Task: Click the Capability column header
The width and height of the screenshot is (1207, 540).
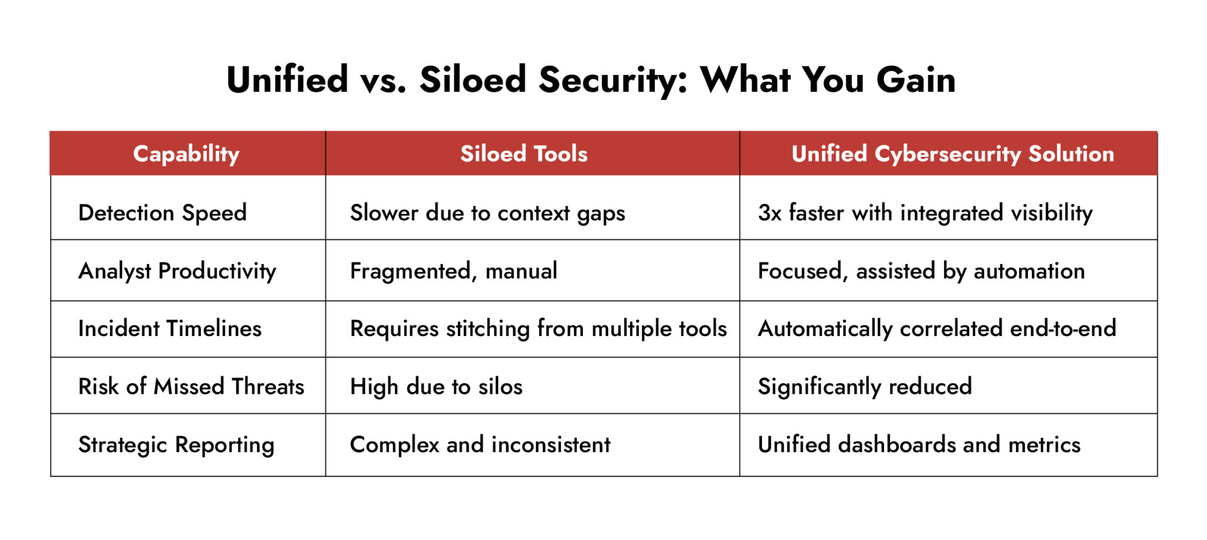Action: click(186, 154)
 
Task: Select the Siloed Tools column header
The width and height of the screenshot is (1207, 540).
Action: click(523, 154)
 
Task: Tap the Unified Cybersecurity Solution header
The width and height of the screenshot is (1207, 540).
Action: click(952, 154)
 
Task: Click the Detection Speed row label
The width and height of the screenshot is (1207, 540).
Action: click(162, 213)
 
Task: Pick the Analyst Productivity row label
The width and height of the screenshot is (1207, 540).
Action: click(177, 271)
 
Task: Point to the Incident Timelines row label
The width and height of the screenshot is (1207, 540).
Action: click(170, 328)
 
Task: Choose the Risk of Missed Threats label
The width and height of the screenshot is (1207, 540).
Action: click(191, 387)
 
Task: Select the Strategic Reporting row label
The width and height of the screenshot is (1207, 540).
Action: click(176, 444)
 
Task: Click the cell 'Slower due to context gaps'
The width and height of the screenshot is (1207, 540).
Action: click(487, 213)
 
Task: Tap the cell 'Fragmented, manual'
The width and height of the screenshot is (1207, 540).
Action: click(453, 271)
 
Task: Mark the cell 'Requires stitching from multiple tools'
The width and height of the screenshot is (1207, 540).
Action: click(538, 328)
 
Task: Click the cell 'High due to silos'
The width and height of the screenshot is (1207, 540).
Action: click(436, 387)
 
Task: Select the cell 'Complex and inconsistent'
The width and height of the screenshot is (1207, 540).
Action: click(480, 444)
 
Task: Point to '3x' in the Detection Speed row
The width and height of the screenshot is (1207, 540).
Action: click(769, 213)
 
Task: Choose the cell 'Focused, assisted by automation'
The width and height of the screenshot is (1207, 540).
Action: click(921, 271)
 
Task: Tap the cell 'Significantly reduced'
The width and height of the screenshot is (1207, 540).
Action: click(865, 387)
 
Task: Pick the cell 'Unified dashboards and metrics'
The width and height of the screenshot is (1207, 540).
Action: click(919, 444)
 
